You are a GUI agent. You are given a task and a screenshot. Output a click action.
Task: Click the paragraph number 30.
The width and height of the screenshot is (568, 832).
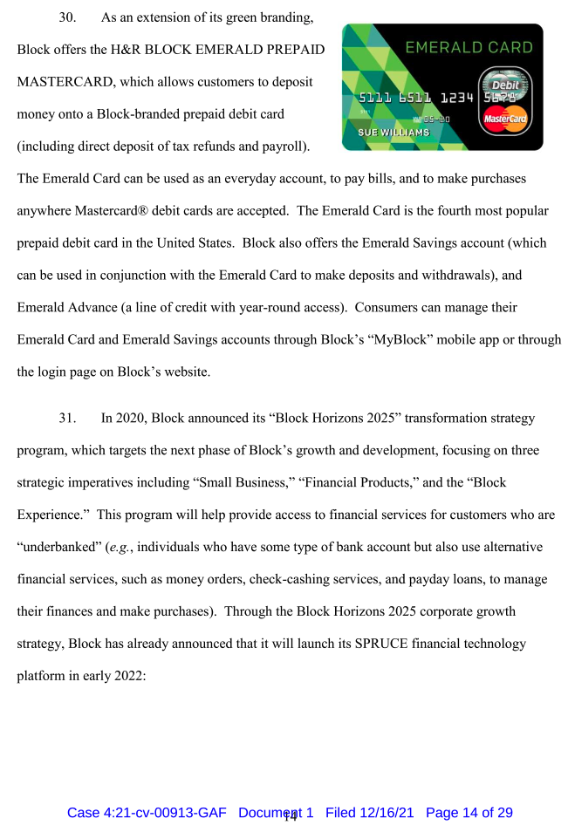click(66, 17)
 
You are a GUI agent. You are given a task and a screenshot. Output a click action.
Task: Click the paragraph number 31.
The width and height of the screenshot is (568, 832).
click(66, 418)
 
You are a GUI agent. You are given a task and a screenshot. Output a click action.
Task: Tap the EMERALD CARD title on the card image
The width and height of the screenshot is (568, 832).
click(469, 47)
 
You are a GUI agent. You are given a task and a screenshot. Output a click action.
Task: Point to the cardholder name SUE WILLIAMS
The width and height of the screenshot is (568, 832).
click(394, 133)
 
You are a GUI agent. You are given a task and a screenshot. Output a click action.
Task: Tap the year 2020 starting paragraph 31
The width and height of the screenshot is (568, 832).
click(131, 418)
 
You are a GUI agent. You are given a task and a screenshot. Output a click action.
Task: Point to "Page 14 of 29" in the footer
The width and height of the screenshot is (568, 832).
click(469, 813)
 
